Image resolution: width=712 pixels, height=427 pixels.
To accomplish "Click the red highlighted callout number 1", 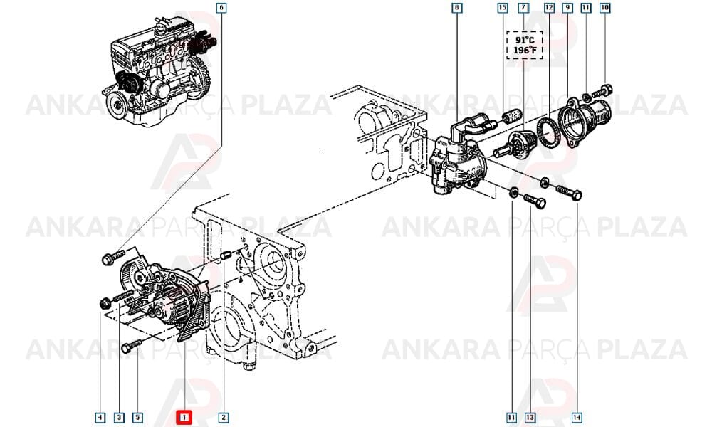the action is click(x=184, y=418).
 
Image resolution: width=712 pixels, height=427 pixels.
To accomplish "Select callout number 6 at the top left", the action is click(x=221, y=8).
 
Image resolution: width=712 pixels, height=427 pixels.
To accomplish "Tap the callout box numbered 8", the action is click(x=457, y=8).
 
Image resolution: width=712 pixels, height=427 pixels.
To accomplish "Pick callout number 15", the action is click(x=502, y=8).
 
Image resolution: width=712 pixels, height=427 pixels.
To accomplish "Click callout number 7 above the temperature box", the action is click(x=523, y=8).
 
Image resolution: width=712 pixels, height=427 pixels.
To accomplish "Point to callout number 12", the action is click(x=550, y=8).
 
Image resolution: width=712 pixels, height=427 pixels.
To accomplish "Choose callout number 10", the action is click(x=604, y=8).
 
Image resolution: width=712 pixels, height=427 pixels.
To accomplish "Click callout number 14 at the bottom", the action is click(x=577, y=418).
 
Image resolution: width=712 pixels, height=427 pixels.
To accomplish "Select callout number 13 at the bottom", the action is click(x=530, y=418).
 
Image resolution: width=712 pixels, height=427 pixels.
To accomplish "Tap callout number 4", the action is click(x=100, y=418).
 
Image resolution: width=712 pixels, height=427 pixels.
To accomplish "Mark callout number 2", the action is click(x=223, y=418).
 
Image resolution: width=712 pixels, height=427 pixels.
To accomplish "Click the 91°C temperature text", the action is click(x=525, y=40).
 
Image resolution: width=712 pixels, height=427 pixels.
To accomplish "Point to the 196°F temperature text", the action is click(x=525, y=51).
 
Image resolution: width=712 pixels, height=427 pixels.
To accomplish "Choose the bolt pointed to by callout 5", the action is click(x=131, y=347).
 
